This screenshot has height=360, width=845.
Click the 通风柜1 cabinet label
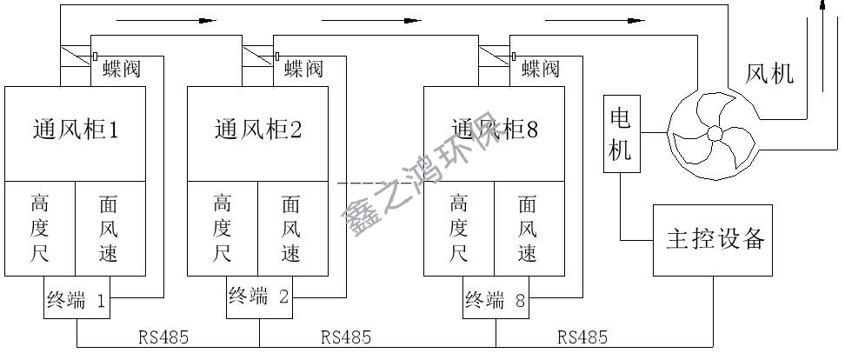pos(75,130)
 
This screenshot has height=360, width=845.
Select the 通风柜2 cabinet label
pos(258,130)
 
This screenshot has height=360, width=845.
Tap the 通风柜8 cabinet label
pos(494,130)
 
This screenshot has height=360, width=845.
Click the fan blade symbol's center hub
pos(715,134)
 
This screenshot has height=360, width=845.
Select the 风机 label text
pos(770,74)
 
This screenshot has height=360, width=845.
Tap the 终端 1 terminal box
pos(76,301)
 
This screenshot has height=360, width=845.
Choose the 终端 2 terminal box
pos(259,297)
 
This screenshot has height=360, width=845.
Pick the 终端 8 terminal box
pos(496,301)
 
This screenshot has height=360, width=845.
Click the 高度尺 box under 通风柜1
pos(39,229)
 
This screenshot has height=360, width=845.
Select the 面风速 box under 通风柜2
pos(293,229)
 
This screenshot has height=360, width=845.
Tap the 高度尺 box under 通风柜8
pos(459,229)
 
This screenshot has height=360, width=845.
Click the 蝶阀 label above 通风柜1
pos(121,69)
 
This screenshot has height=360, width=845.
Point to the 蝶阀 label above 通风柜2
pos(303,69)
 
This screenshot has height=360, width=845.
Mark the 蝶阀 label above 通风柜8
pos(540,69)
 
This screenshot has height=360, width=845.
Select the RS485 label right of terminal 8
pos(582,337)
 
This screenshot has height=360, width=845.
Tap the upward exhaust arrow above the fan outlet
pos(823,10)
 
